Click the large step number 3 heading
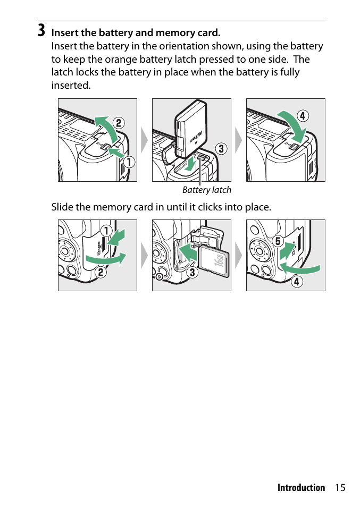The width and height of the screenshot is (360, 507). tap(41, 30)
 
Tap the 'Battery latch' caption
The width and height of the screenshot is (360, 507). tap(207, 190)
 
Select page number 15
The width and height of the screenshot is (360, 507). tap(340, 487)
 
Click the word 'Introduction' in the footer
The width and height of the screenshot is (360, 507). tap(301, 487)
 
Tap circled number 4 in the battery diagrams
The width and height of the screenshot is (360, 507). tap(303, 116)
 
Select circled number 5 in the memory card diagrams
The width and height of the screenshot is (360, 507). tap(278, 241)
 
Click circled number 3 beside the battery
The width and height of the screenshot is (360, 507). tap(221, 149)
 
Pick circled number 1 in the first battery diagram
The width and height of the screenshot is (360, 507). tap(129, 162)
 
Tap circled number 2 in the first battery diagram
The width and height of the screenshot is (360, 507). tap(119, 123)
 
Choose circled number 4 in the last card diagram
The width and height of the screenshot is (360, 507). tap(297, 281)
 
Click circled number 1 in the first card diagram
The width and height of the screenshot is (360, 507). tap(106, 231)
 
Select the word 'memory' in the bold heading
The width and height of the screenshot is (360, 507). tap(173, 33)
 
